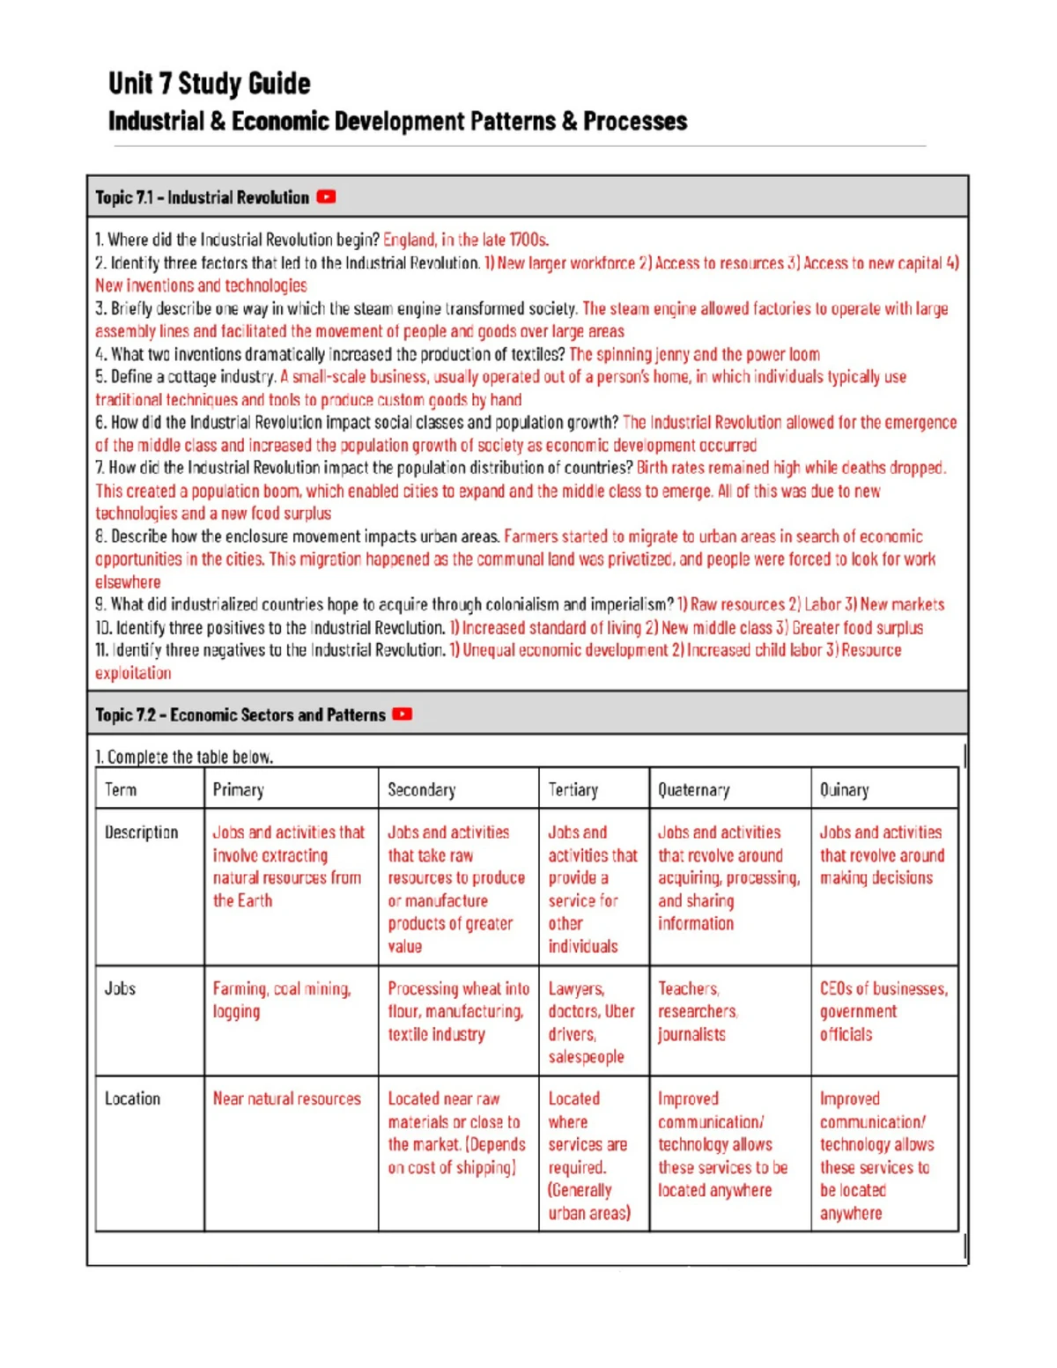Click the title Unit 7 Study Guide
(x=209, y=84)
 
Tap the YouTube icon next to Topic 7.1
(x=326, y=197)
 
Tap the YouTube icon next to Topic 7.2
(x=403, y=714)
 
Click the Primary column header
(x=238, y=789)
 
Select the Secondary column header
(x=421, y=789)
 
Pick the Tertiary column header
(x=573, y=789)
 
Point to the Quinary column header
(x=844, y=789)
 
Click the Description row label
(x=141, y=832)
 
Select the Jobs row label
(x=120, y=988)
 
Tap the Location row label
(x=132, y=1098)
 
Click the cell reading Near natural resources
(x=286, y=1099)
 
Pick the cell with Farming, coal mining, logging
(x=281, y=1000)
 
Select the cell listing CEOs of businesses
(x=883, y=1011)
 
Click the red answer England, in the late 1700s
(x=465, y=240)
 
